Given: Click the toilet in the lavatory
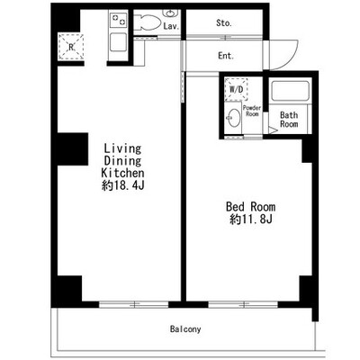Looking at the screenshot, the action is (147, 22).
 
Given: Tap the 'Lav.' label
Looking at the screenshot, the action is (171, 26).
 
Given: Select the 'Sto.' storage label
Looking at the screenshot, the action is (224, 23).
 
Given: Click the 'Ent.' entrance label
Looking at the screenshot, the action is (226, 56).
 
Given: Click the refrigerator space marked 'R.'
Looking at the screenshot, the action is (71, 47).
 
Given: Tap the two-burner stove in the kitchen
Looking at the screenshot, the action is (118, 20).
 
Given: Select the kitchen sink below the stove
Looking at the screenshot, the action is (118, 42).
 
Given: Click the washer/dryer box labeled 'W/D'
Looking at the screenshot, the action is (236, 89).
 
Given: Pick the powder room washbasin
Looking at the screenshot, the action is (234, 118).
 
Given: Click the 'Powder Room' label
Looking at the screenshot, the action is (252, 111).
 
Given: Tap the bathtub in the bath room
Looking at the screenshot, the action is (290, 91).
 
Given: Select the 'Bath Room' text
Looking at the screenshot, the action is (289, 120).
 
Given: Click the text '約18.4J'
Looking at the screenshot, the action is (123, 186).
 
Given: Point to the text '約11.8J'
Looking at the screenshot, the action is (251, 220).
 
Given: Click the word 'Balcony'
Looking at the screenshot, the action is (185, 329).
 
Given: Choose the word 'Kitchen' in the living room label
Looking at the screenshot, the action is (122, 173).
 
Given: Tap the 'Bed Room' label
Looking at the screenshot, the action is (250, 207).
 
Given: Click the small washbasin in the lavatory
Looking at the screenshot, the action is (170, 13).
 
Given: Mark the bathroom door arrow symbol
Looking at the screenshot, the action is (273, 130).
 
